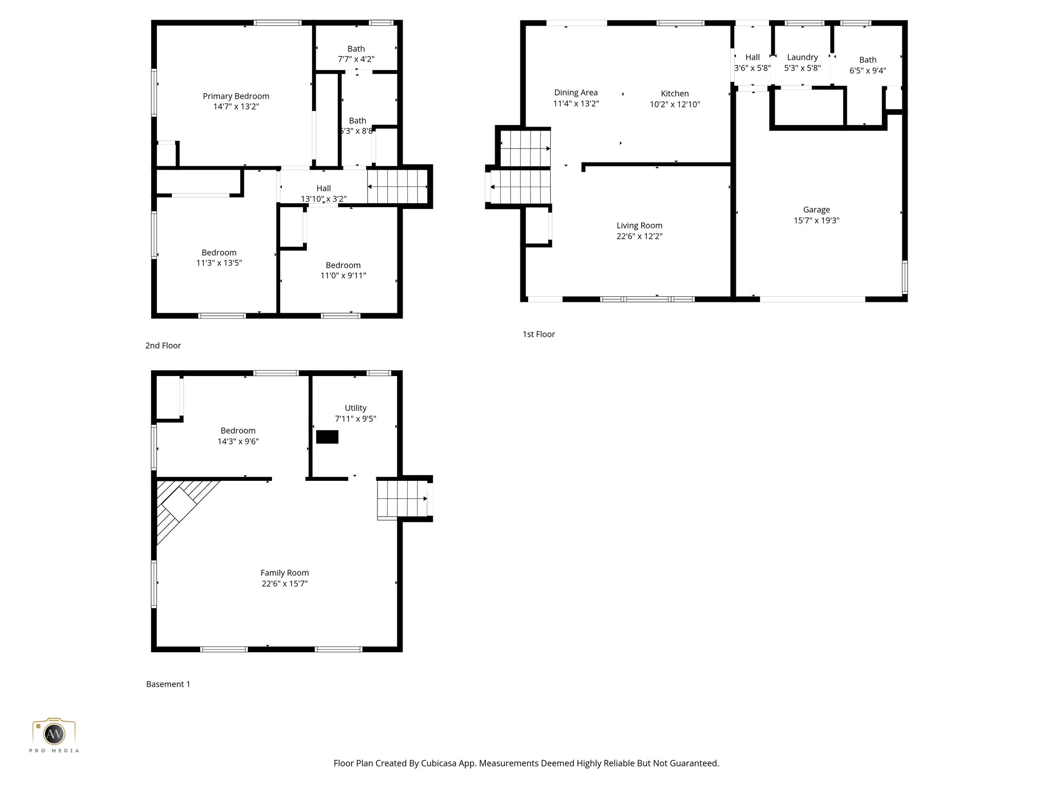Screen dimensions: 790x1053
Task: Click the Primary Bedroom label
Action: point(235,96)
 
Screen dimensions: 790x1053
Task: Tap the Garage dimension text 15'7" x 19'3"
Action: point(816,220)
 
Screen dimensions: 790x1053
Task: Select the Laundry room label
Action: point(802,57)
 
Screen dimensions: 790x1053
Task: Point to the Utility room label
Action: point(355,408)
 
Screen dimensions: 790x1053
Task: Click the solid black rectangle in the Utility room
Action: point(327,437)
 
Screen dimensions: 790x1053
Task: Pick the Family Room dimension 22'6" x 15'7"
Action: point(284,583)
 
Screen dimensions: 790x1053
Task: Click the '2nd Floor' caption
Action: point(163,346)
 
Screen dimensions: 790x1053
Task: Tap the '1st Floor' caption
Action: point(538,334)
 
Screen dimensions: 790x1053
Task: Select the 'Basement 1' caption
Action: point(168,684)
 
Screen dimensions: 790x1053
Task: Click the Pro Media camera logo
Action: point(54,733)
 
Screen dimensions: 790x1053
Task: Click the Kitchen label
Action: point(675,94)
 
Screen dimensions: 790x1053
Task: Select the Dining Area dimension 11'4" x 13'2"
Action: point(576,103)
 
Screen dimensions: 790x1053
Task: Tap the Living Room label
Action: point(639,225)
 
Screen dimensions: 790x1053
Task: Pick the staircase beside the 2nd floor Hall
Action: point(397,187)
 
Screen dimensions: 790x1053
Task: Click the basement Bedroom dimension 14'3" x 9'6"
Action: point(238,441)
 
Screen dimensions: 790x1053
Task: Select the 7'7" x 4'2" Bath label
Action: point(356,54)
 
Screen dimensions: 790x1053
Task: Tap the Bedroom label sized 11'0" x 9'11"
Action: point(343,265)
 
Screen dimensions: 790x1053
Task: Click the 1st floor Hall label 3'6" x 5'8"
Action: point(752,62)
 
